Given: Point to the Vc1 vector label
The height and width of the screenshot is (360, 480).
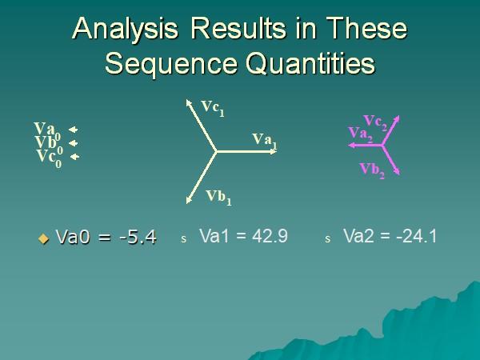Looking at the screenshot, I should coord(212,107).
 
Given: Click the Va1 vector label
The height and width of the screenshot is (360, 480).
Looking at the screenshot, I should coord(264,140).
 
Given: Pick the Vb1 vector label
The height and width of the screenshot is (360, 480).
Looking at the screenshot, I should coord(218,196).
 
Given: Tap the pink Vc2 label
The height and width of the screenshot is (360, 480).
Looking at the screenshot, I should coord(375,122).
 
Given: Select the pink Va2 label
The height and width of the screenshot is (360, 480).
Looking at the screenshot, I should coord(360,134).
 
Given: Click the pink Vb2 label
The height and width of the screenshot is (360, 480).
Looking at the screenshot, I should coord(372,169).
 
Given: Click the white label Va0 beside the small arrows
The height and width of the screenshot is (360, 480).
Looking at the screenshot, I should coord(46,130).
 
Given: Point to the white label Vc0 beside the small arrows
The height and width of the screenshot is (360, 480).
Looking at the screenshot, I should coord(49,157).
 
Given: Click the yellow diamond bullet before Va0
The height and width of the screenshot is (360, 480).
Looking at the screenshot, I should coord(44,238).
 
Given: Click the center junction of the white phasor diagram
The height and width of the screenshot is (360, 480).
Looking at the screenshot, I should coord(217,150).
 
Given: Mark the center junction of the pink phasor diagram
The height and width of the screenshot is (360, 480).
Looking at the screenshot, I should coord(382,146).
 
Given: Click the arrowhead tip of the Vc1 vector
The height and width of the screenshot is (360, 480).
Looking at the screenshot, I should coord(188,101).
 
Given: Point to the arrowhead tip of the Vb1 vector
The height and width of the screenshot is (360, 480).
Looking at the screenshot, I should coord(188,199).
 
